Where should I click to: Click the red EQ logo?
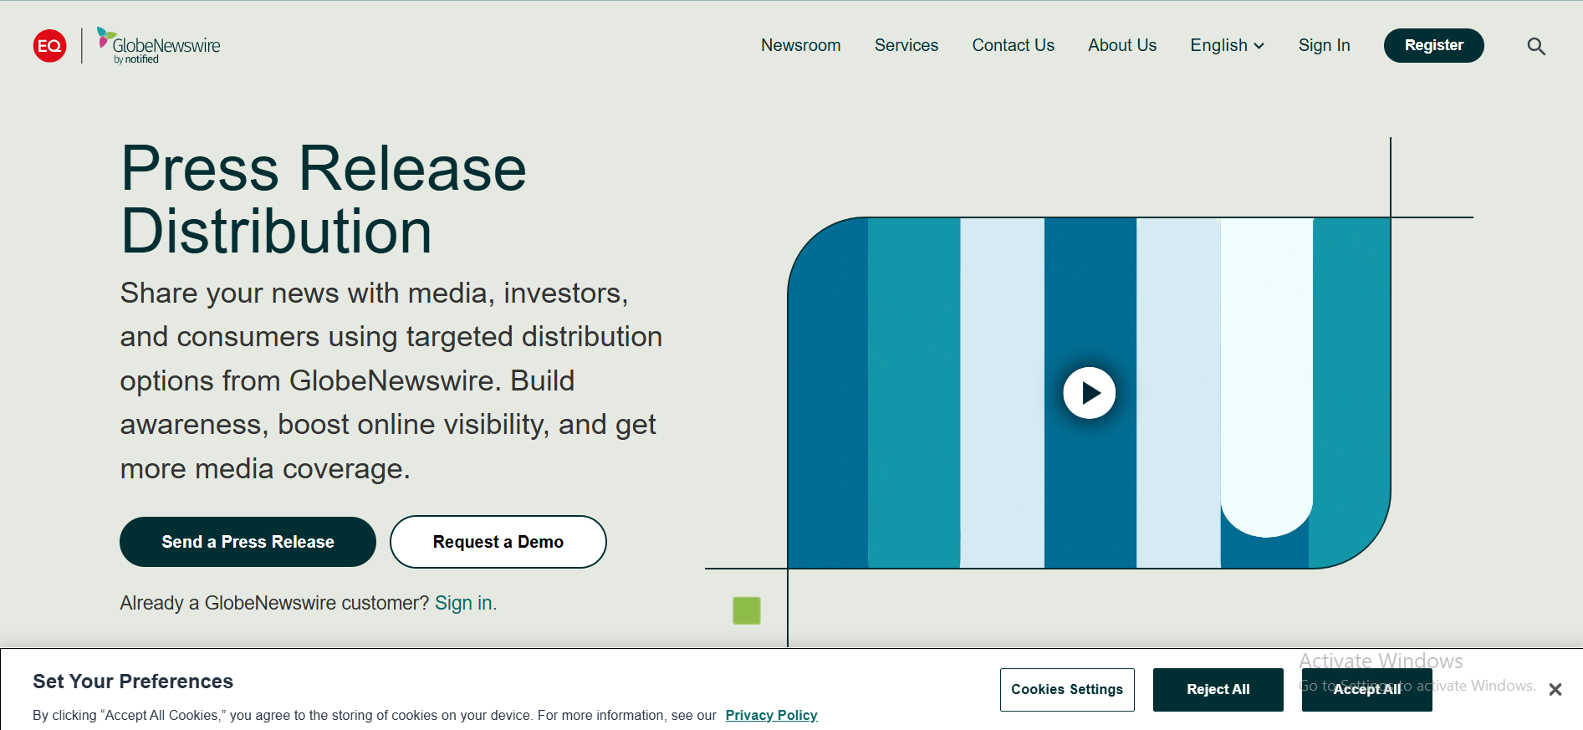(50, 45)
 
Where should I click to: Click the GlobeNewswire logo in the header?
(159, 45)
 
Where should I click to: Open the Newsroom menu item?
(800, 45)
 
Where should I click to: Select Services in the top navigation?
(906, 45)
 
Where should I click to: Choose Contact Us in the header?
(1013, 45)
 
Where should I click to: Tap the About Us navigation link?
(1122, 45)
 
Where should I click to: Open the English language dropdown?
(1227, 45)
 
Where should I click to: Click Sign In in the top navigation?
(1324, 45)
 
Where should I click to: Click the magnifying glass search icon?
(1536, 46)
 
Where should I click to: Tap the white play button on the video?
(1089, 392)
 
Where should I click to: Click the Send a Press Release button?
(248, 542)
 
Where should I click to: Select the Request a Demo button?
(498, 542)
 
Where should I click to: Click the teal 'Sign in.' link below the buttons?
(466, 603)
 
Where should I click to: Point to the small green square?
(747, 610)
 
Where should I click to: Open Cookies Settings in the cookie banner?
(1067, 689)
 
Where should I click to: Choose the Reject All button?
(1218, 689)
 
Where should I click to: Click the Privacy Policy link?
(771, 715)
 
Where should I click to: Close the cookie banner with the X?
(1555, 690)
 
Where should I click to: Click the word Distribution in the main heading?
(276, 232)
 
